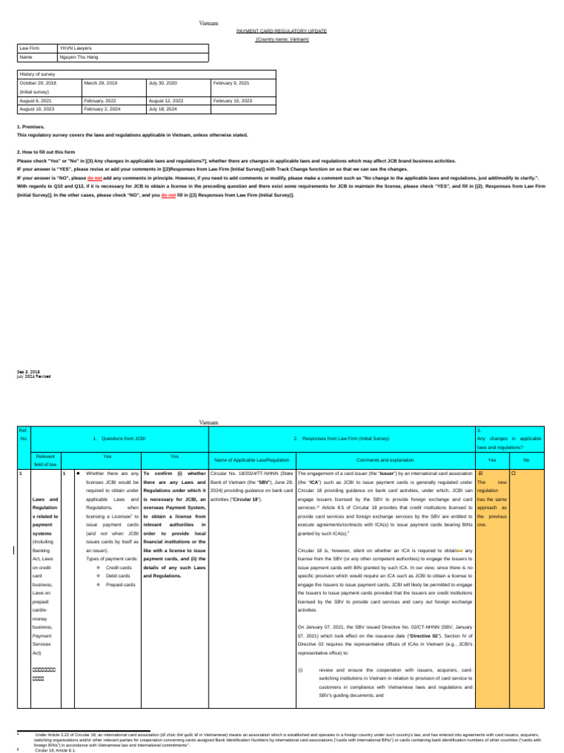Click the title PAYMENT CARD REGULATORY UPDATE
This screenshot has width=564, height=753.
pos(281,32)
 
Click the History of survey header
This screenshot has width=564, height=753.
pos(37,74)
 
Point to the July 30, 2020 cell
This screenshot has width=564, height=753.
pos(163,83)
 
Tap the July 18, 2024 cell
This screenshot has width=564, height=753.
pos(163,109)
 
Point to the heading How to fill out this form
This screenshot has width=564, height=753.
pos(44,151)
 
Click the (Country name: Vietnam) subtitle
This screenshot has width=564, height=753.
pos(281,39)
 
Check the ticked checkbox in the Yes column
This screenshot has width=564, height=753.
pos(480,473)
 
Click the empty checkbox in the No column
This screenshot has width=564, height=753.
pos(513,473)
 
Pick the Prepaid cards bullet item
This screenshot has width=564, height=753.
pos(120,564)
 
